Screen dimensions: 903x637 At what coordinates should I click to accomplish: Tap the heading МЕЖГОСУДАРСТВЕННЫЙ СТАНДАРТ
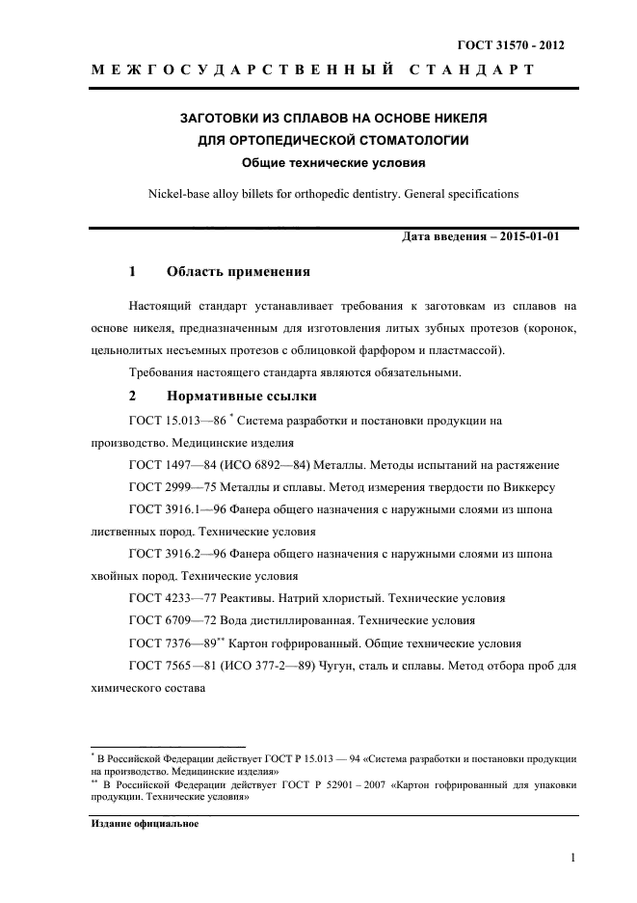[312, 71]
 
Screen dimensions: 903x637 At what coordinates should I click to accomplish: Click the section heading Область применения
[238, 272]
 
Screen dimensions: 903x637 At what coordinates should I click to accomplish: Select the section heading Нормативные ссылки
[241, 396]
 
